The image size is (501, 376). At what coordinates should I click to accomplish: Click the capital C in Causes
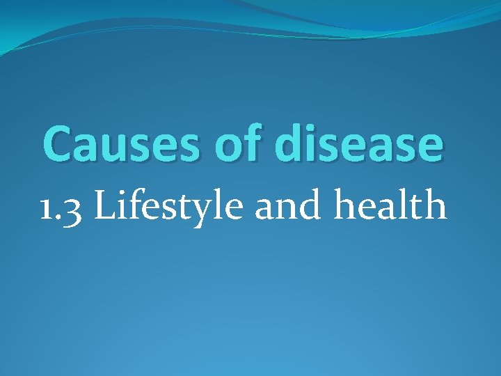point(58,143)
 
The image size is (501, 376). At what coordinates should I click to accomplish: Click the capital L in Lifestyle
point(102,206)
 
